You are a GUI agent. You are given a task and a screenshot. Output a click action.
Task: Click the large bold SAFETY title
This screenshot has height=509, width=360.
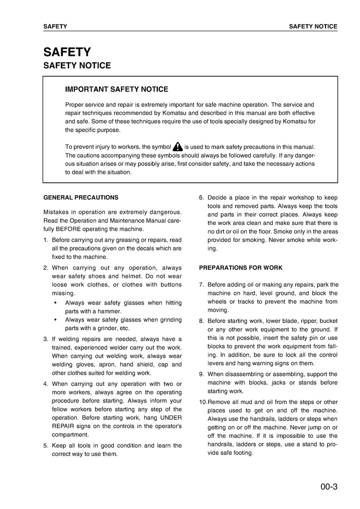(67, 52)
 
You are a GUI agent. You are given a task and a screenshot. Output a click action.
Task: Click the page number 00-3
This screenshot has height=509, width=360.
(329, 487)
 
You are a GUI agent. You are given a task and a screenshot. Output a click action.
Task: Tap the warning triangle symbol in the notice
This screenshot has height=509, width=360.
(178, 146)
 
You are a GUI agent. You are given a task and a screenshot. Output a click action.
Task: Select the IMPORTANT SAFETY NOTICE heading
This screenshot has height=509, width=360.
(116, 89)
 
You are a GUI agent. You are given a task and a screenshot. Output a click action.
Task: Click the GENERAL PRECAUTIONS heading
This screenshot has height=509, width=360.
(81, 197)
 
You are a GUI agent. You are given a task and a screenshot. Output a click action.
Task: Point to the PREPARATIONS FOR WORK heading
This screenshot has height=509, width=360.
(240, 268)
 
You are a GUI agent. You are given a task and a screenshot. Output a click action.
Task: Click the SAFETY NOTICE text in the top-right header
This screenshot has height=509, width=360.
(313, 26)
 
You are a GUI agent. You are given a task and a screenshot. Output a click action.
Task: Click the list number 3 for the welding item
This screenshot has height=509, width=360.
(46, 339)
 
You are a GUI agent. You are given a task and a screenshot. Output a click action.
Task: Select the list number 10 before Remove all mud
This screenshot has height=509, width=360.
(203, 402)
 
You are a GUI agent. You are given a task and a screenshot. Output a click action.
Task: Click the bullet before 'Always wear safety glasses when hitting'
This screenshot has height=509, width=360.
(56, 303)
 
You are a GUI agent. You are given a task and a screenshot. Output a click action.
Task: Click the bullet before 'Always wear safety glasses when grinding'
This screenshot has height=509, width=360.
(56, 320)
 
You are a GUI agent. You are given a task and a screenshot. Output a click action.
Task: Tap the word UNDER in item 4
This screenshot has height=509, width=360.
(171, 418)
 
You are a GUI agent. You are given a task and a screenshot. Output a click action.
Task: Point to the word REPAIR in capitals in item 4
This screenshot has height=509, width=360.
(63, 426)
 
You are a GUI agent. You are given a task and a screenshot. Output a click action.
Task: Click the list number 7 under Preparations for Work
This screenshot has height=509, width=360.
(201, 285)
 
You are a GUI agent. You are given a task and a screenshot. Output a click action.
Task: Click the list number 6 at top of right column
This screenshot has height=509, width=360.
(201, 197)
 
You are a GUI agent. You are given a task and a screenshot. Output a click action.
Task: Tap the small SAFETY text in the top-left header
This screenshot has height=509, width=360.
(55, 26)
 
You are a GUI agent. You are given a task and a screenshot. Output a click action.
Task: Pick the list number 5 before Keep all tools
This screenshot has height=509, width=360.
(46, 445)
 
